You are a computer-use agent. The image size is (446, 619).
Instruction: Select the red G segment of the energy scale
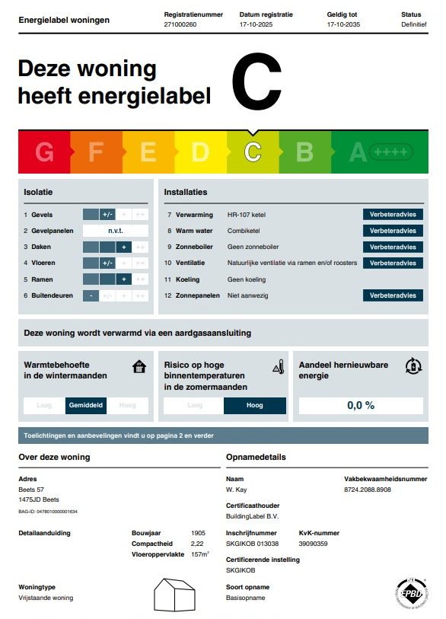pyautogui.click(x=44, y=152)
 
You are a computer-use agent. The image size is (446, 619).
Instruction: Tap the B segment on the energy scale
pyautogui.click(x=304, y=152)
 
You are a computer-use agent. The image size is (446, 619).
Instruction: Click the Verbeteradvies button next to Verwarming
pyautogui.click(x=393, y=215)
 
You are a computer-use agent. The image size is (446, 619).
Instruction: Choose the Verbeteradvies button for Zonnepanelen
pyautogui.click(x=393, y=295)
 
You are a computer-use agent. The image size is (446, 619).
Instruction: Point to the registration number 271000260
pyautogui.click(x=180, y=24)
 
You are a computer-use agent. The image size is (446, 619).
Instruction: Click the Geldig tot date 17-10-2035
pyautogui.click(x=343, y=24)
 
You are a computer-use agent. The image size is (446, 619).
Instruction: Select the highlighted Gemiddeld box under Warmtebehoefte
pyautogui.click(x=86, y=406)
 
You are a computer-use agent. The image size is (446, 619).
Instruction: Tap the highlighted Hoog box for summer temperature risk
pyautogui.click(x=255, y=406)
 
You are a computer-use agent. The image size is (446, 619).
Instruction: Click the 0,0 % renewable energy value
pyautogui.click(x=361, y=405)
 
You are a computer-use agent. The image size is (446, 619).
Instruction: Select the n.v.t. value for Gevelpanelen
pyautogui.click(x=116, y=231)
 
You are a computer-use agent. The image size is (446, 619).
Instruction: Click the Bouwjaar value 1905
pyautogui.click(x=198, y=533)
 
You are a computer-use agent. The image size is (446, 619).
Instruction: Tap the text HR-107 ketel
pyautogui.click(x=247, y=215)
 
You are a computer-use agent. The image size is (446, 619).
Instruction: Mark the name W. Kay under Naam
pyautogui.click(x=236, y=490)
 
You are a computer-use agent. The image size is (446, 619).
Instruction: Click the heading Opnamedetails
pyautogui.click(x=256, y=457)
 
